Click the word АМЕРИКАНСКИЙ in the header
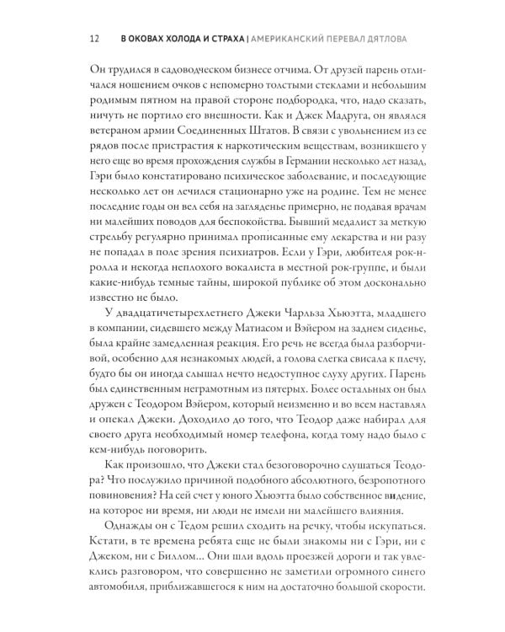pyautogui.click(x=276, y=38)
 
